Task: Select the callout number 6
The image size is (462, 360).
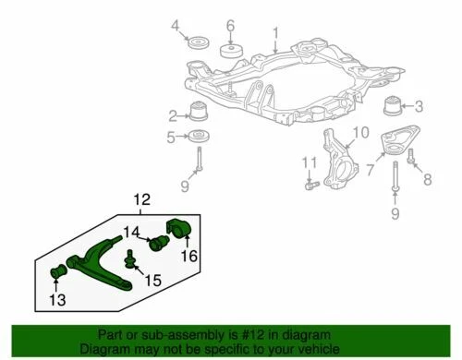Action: point(230,25)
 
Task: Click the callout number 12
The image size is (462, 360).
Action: point(140,198)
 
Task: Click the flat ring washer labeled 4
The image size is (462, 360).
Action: point(197,44)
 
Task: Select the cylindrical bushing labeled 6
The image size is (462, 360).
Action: point(230,47)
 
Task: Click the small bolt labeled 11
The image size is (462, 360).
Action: point(311,185)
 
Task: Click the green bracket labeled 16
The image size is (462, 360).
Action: point(177,231)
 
